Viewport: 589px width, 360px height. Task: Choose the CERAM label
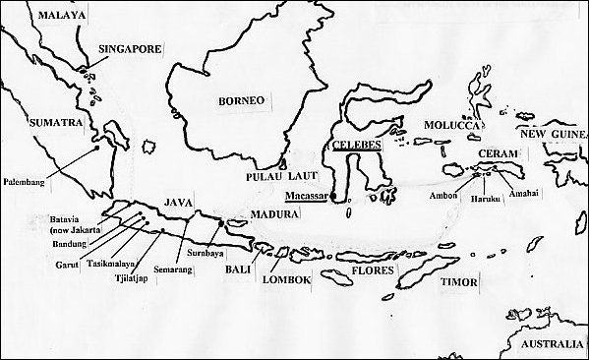pyautogui.click(x=494, y=155)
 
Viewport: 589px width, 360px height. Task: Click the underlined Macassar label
pyautogui.click(x=305, y=196)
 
